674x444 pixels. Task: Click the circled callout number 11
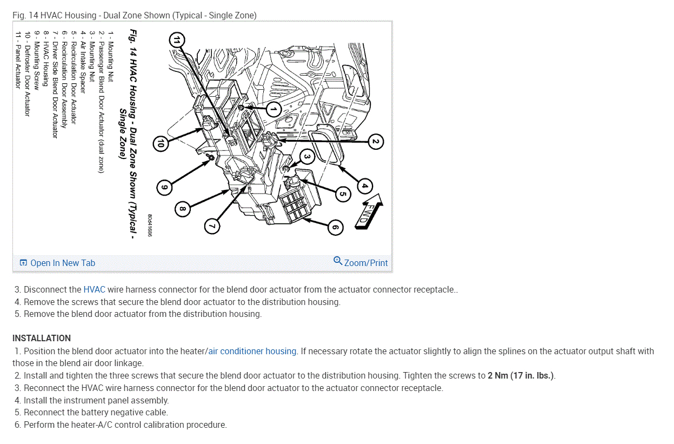(x=176, y=39)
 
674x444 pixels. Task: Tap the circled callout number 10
(x=161, y=143)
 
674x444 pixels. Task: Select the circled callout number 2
(x=375, y=142)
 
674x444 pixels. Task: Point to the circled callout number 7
(x=212, y=226)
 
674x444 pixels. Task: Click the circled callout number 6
(x=335, y=228)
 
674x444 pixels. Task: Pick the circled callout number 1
(x=273, y=109)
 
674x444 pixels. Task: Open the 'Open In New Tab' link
(x=57, y=263)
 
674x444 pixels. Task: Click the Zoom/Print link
(x=366, y=263)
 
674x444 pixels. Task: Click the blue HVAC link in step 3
(x=94, y=290)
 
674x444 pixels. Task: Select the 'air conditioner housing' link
(x=252, y=351)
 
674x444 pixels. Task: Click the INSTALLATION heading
(x=42, y=338)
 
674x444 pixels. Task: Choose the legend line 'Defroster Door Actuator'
(x=28, y=74)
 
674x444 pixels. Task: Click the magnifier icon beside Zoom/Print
(x=338, y=262)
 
